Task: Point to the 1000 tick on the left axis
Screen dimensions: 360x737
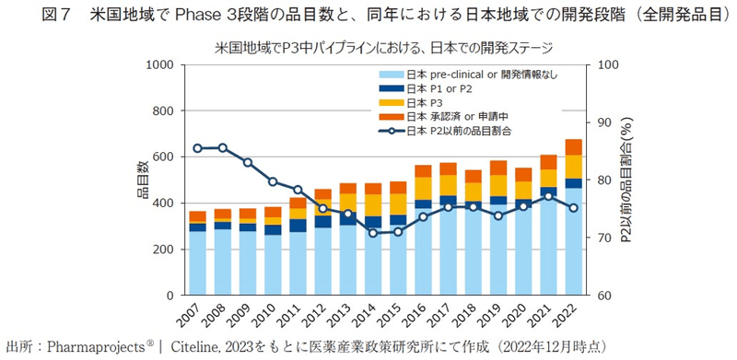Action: (x=159, y=65)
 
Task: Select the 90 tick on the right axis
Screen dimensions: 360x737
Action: (x=605, y=122)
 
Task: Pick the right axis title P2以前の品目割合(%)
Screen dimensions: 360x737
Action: (x=626, y=180)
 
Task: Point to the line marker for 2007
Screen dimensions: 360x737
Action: (x=197, y=147)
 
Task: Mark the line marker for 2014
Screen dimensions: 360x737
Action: (x=372, y=232)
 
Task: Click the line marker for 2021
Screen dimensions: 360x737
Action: (x=547, y=196)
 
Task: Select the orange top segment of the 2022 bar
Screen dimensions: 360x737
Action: (x=573, y=147)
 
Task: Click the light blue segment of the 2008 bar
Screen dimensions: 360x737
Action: (x=222, y=262)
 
